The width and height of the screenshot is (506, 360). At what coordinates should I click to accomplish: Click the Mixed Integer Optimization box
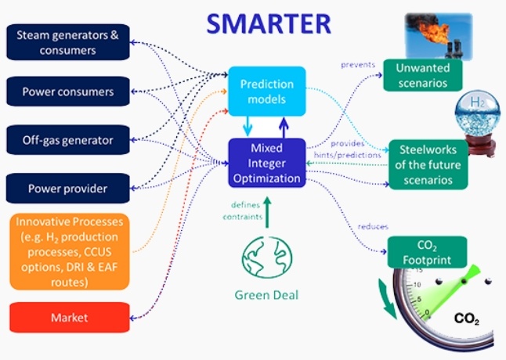pos(266,162)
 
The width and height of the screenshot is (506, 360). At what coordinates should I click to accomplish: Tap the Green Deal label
pos(266,296)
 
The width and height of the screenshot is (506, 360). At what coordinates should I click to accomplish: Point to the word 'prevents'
pos(357,64)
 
